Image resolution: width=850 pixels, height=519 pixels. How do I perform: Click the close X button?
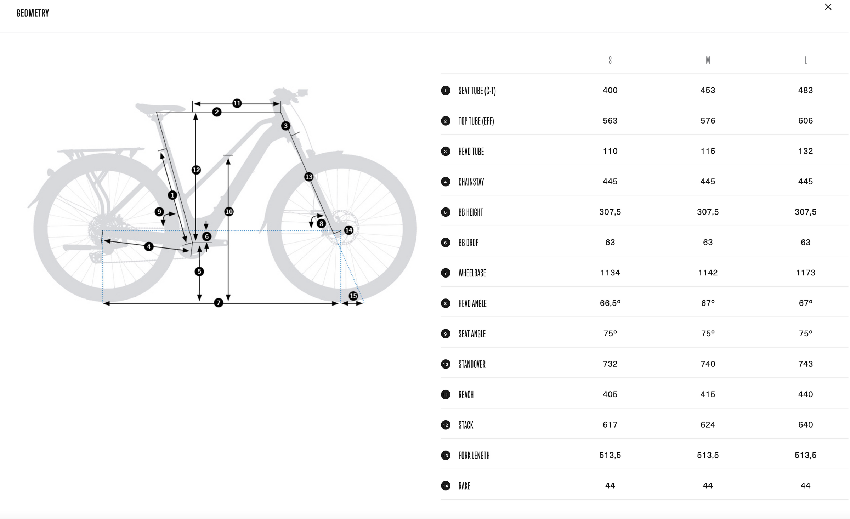[x=828, y=7]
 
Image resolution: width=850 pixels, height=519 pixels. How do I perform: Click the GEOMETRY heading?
[x=33, y=13]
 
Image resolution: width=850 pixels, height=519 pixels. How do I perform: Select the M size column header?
[x=708, y=60]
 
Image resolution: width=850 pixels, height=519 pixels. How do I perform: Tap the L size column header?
[x=805, y=60]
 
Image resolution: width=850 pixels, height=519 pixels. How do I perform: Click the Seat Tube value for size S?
[x=610, y=90]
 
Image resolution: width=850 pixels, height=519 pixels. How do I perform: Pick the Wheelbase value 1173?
[x=805, y=273]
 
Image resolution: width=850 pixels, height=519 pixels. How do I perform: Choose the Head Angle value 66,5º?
[x=610, y=303]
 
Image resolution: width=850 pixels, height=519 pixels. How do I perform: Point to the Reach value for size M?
[x=708, y=394]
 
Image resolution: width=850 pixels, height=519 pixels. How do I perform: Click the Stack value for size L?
[x=805, y=425]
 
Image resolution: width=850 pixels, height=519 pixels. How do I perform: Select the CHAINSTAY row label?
[x=471, y=182]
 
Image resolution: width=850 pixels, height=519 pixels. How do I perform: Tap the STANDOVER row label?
[x=472, y=364]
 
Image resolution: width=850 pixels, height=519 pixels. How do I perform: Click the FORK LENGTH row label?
[x=474, y=456]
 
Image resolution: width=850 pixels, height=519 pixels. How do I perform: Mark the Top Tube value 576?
[x=708, y=121]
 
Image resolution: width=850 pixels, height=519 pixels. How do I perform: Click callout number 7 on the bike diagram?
[x=219, y=303]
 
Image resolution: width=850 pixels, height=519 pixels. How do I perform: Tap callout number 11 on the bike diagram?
[x=237, y=103]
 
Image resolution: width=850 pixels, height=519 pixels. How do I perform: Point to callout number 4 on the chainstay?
[x=149, y=246]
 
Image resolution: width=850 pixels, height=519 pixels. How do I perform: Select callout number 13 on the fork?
[x=309, y=177]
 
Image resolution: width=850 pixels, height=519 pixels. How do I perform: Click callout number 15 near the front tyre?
[x=353, y=296]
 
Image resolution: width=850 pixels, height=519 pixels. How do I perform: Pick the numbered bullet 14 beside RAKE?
[x=446, y=486]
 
